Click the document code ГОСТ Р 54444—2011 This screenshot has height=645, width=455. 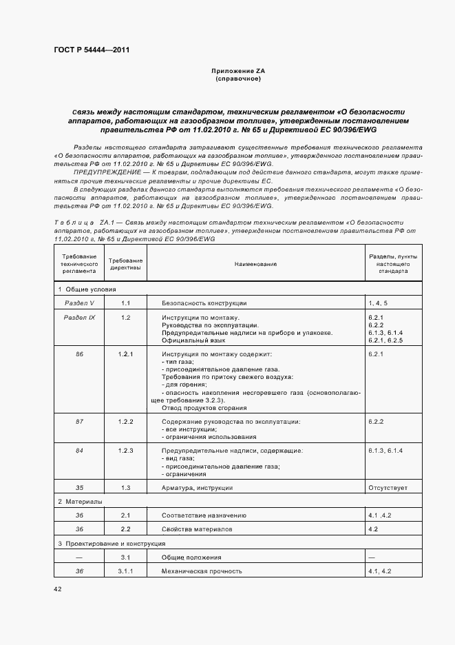pos(91,50)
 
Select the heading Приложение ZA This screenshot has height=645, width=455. pos(237,72)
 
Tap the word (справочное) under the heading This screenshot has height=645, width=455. pos(237,79)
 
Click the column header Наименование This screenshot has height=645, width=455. pos(255,264)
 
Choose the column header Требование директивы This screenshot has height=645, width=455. pos(126,264)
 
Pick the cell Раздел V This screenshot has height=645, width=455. pos(80,303)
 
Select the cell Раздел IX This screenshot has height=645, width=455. pos(80,317)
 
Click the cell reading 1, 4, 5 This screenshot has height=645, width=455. pos(378,303)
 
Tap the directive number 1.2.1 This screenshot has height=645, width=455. pos(126,354)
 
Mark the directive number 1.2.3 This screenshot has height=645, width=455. pos(126,450)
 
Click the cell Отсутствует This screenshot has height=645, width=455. pos(388,488)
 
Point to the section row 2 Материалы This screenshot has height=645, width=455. pos(80,502)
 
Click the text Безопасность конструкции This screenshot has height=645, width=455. pos(204,303)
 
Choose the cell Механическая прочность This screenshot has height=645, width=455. pos(201,571)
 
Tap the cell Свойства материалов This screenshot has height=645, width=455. pos(197,529)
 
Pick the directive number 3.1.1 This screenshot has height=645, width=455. pos(126,571)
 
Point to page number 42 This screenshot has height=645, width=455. pos(57,589)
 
